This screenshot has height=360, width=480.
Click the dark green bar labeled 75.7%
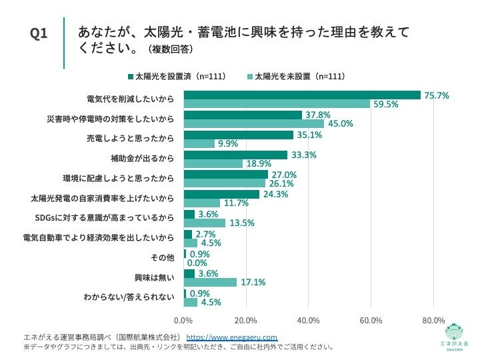tap(302, 95)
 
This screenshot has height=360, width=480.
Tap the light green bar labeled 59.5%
tap(277, 104)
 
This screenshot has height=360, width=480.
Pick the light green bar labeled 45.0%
tap(254, 124)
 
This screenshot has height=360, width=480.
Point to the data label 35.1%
tap(310, 135)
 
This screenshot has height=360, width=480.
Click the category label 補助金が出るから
tap(142, 159)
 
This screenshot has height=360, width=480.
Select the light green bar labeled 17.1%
tap(210, 283)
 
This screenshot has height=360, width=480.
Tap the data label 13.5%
tap(242, 223)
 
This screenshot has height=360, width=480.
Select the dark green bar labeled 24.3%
tap(221, 195)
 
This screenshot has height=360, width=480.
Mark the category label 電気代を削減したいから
tap(131, 99)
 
